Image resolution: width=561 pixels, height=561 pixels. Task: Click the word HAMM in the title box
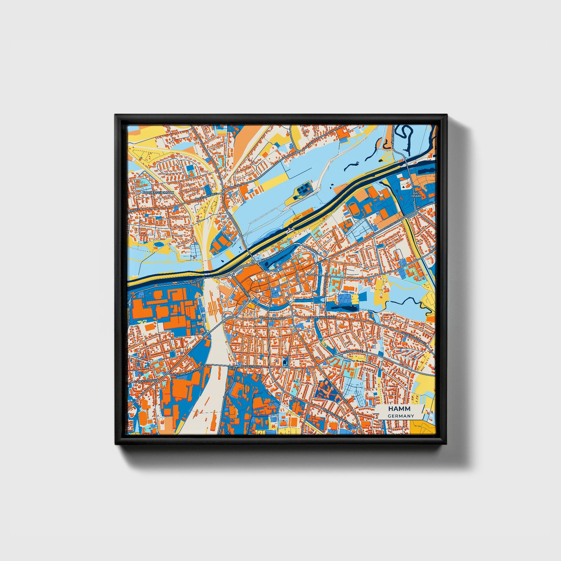(x=400, y=409)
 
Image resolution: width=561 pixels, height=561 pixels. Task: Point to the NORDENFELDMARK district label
(x=158, y=193)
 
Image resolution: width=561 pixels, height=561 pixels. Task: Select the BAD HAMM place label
(x=416, y=195)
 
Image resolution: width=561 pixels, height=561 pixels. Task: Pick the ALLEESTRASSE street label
(x=251, y=367)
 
